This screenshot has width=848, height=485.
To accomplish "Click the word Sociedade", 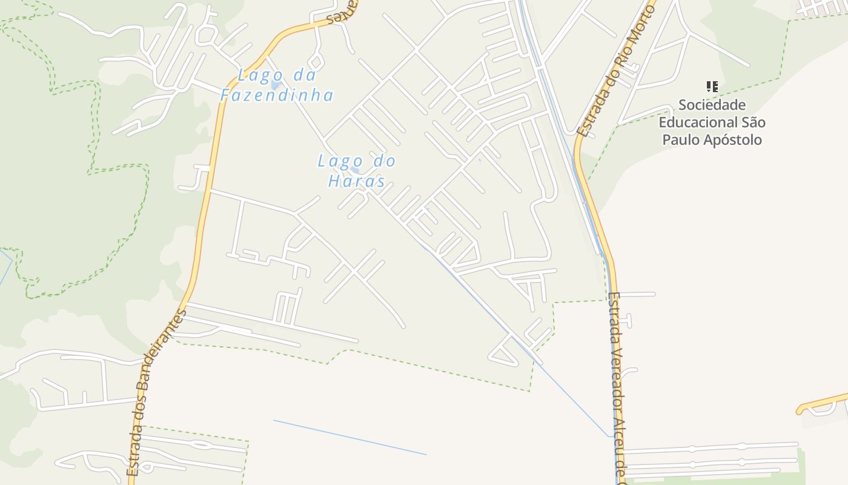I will (x=712, y=105).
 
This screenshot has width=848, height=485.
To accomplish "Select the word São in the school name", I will (x=753, y=122).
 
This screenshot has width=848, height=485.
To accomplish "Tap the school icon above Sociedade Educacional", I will (x=712, y=87).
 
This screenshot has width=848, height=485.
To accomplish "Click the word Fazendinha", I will (x=277, y=95).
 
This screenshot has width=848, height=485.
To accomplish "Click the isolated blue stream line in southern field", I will (x=349, y=437).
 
